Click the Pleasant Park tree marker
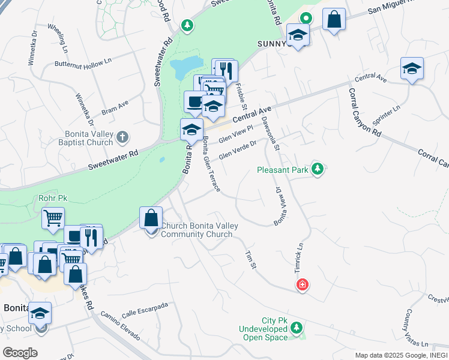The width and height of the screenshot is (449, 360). (x=318, y=170)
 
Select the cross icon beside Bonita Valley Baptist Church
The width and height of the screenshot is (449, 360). (x=122, y=137)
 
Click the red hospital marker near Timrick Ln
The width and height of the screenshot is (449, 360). (x=303, y=284)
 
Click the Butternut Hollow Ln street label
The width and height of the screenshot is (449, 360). (x=83, y=62)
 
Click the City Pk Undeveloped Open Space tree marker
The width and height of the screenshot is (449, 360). (x=296, y=328)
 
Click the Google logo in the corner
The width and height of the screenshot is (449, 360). (x=20, y=353)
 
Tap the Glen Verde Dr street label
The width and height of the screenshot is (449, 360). (x=237, y=150)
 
